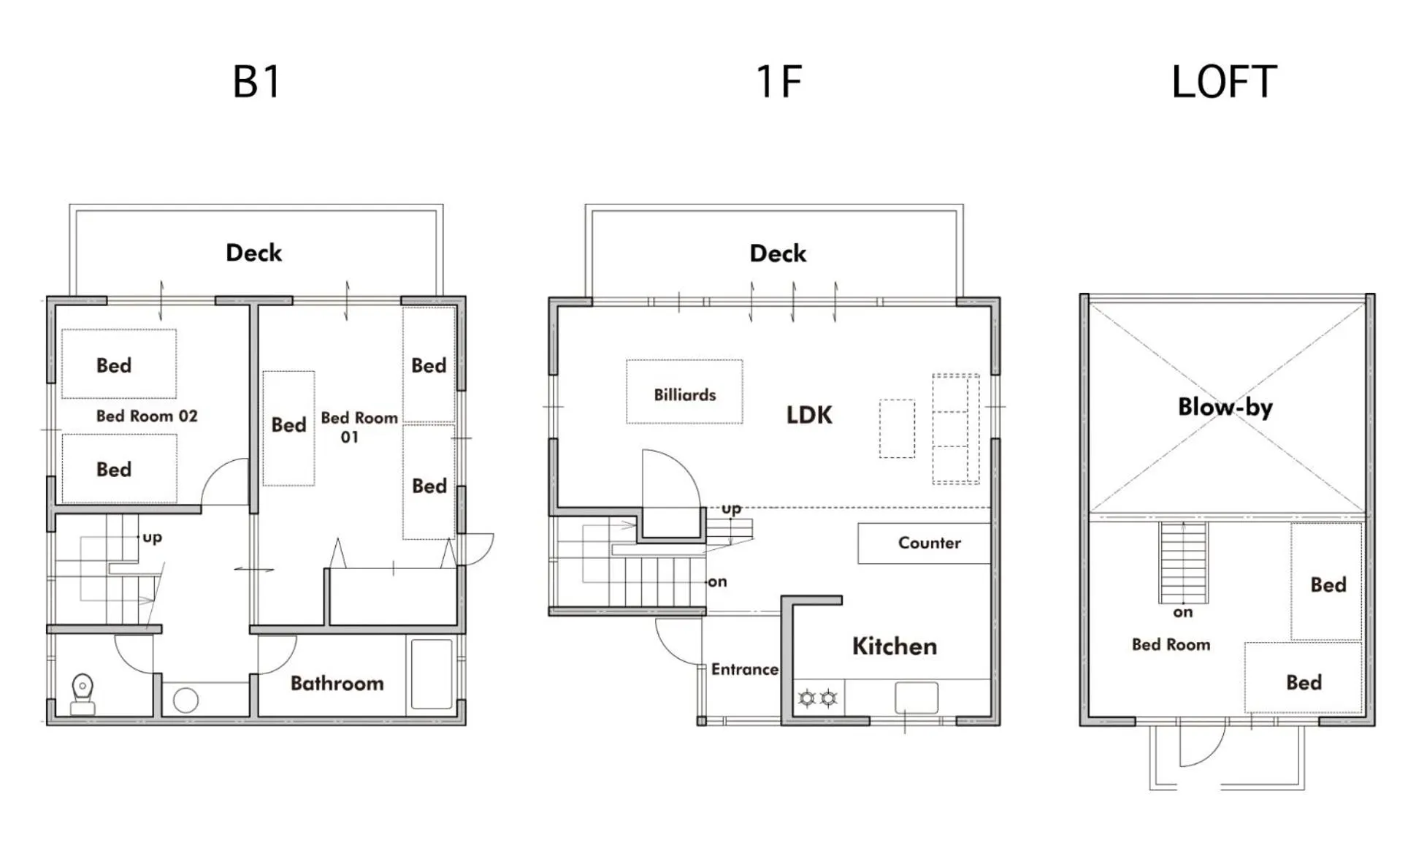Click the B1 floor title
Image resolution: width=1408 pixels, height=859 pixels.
click(x=256, y=82)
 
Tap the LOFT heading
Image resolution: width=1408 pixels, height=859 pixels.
click(x=1224, y=82)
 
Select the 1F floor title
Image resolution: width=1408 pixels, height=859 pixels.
click(x=778, y=82)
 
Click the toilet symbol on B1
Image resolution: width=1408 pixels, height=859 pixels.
click(x=83, y=694)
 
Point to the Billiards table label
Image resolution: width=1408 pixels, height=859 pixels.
click(x=684, y=395)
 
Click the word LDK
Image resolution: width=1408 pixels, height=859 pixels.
click(x=809, y=415)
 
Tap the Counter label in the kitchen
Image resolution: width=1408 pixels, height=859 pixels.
click(x=930, y=543)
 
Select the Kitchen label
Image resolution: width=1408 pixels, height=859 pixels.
click(x=895, y=646)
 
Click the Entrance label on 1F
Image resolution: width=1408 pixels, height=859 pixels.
click(x=745, y=669)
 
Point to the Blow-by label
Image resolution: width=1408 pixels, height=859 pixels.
click(x=1225, y=407)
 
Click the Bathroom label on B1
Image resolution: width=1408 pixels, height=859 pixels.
click(x=337, y=683)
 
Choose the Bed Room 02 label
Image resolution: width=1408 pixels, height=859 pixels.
click(x=147, y=416)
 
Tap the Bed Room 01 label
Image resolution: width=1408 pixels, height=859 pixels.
click(x=359, y=427)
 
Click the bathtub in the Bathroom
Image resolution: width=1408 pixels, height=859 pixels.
click(x=432, y=674)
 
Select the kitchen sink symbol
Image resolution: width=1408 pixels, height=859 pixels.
click(x=917, y=698)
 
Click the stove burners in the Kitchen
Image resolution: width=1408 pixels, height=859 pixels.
click(x=817, y=698)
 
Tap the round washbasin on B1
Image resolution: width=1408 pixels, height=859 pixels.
click(x=185, y=700)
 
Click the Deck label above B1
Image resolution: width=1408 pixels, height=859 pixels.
click(x=253, y=253)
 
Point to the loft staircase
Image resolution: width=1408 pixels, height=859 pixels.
click(x=1183, y=562)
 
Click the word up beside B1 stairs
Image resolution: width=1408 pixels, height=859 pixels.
click(x=152, y=538)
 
